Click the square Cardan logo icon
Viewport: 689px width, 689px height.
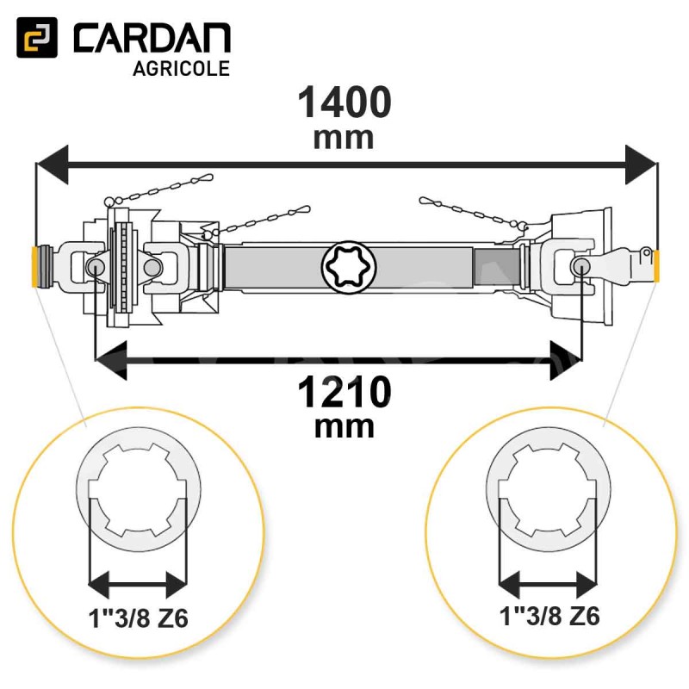[x=37, y=37]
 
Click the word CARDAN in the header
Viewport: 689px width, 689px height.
[x=152, y=38]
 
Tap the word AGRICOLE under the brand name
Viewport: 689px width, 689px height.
[x=181, y=69]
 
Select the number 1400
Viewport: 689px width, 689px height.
[x=344, y=102]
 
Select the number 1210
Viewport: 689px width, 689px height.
[x=344, y=393]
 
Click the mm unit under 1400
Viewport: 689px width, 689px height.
[x=344, y=138]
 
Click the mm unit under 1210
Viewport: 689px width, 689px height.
[x=344, y=427]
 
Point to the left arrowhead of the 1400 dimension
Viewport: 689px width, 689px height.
[x=53, y=164]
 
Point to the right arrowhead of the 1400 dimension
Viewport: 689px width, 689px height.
[x=642, y=164]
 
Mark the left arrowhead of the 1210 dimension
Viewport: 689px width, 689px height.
[x=111, y=361]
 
